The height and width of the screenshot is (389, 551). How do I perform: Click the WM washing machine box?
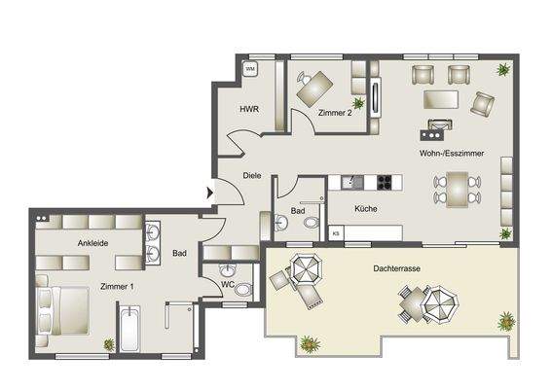point(249,69)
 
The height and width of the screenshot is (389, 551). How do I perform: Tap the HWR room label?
point(248,109)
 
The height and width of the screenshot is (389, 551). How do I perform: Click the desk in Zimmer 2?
point(312,89)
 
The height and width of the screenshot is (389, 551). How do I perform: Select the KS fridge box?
point(336,232)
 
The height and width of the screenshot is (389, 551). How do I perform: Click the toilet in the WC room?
point(242,288)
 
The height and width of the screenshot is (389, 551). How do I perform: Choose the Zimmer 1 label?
point(117,287)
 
